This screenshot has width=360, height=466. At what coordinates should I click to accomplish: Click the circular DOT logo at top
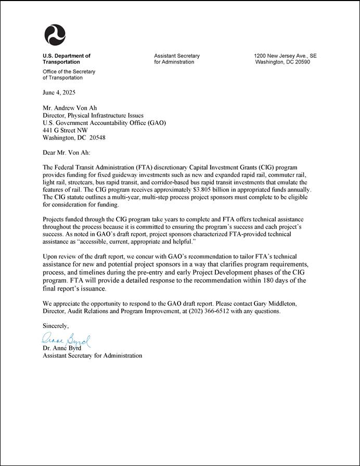tap(55, 35)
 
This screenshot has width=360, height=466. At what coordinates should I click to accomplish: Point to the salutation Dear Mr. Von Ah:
tap(66, 154)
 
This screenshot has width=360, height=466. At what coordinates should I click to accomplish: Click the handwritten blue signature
tap(66, 342)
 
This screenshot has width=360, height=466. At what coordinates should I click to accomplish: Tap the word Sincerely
tap(55, 326)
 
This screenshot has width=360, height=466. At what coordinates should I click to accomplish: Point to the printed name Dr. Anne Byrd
tap(62, 348)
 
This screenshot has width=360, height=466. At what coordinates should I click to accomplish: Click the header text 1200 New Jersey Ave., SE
tap(285, 56)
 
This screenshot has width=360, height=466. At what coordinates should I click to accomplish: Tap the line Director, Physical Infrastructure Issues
tap(93, 116)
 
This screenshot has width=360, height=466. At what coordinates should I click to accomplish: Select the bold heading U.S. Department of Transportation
tap(67, 59)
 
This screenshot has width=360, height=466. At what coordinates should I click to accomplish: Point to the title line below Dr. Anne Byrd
tap(92, 356)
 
